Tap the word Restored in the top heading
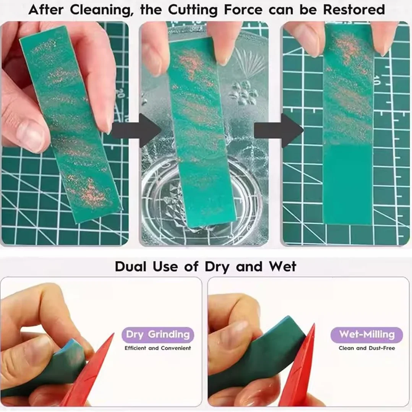354,10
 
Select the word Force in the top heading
243,10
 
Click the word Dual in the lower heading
131,266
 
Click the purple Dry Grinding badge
157,334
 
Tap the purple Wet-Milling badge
367,334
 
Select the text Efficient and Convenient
157,348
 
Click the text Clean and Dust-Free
367,348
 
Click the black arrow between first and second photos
137,130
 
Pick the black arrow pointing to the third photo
279,130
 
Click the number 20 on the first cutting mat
120,94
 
